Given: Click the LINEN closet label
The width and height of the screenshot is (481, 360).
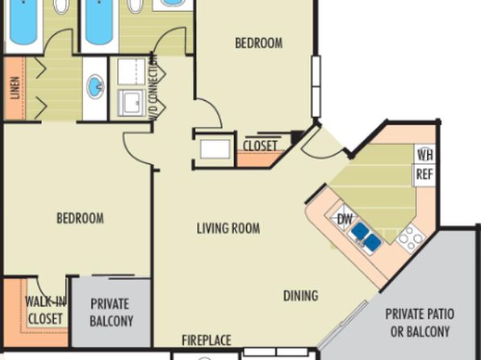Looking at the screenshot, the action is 15,88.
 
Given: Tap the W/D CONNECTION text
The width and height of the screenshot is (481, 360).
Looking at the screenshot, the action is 153,87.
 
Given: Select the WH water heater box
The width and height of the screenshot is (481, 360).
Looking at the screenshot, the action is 425,154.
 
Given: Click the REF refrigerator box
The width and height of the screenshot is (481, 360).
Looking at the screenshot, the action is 425,175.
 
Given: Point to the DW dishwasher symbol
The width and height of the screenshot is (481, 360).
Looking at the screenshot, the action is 344,218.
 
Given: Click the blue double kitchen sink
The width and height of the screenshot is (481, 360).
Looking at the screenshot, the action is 366,237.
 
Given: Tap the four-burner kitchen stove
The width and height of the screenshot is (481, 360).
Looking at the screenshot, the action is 411,238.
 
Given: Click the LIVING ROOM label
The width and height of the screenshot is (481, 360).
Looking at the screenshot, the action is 228,228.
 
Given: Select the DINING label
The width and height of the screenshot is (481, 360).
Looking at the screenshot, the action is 300,296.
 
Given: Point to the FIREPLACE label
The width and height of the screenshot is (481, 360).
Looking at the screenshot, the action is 207,341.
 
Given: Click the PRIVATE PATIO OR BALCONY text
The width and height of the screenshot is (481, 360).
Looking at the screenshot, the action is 420,323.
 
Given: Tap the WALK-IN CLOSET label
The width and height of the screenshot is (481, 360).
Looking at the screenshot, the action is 45,310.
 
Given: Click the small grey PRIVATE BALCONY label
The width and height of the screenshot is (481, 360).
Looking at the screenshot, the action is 111,312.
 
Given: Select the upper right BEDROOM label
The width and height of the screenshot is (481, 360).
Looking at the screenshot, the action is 259,43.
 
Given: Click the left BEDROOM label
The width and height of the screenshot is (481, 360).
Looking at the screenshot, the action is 80,218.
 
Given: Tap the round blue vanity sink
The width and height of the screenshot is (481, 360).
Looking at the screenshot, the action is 95,87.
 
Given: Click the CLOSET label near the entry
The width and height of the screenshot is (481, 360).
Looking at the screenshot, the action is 260,146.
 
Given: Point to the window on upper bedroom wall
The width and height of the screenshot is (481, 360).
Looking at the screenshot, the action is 316,86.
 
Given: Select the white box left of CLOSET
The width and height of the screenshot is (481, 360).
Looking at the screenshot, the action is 215,149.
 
